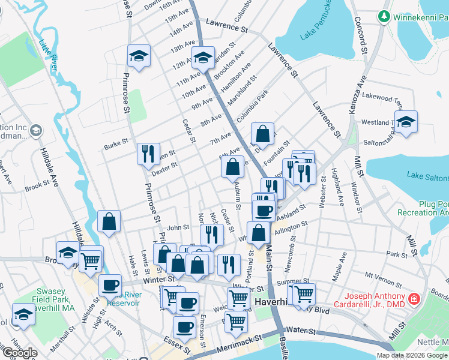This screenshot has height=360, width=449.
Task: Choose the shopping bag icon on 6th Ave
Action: coord(232,166)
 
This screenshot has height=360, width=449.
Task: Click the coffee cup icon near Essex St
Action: coord(184,327)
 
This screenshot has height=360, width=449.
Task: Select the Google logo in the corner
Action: coord(19,353)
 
